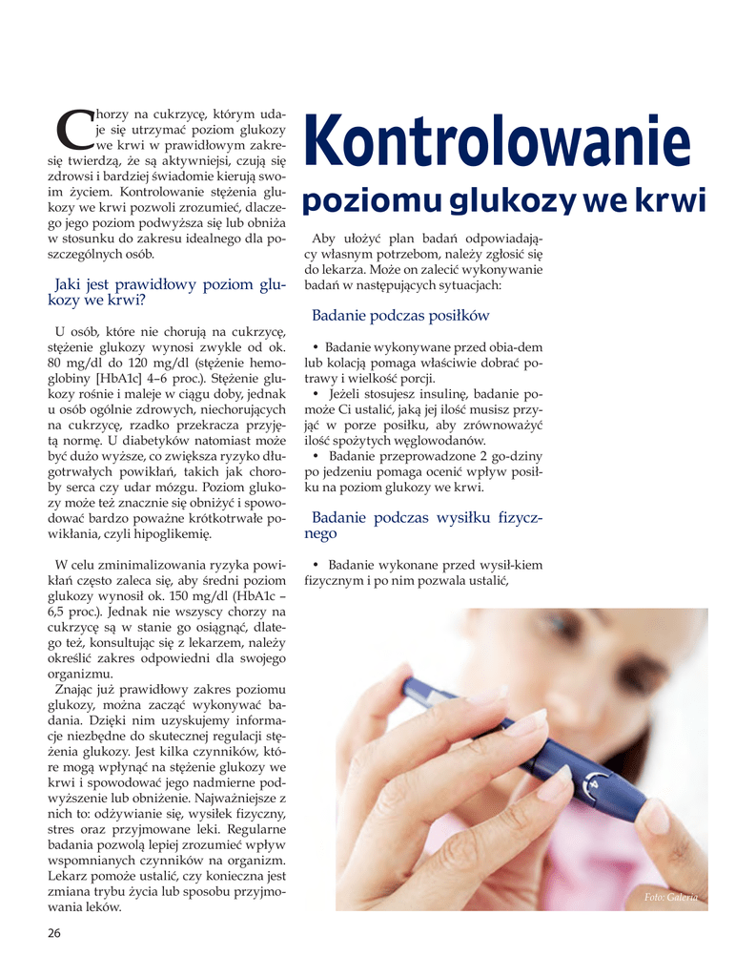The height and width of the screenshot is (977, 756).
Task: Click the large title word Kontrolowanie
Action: click(x=496, y=142)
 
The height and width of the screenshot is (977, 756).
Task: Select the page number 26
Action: click(x=54, y=932)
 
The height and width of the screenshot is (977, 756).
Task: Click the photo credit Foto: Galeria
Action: click(x=670, y=897)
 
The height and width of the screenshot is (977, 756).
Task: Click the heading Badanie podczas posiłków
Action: click(x=400, y=316)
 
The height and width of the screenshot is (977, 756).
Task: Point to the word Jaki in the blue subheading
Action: click(x=71, y=284)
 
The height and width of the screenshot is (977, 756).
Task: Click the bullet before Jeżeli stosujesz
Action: click(x=316, y=394)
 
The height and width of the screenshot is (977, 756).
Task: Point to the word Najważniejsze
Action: click(x=242, y=798)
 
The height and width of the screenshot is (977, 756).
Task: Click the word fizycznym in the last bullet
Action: click(x=338, y=580)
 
